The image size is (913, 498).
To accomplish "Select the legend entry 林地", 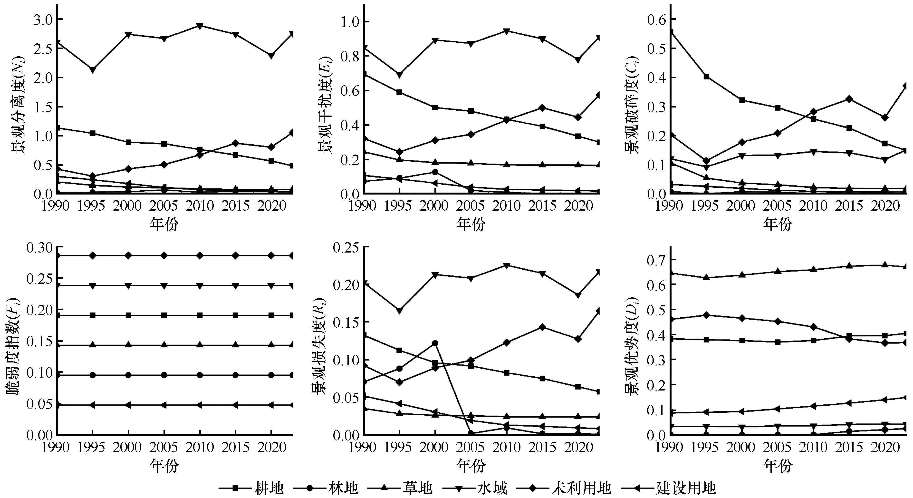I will [343, 488].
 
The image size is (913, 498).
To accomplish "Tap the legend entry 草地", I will [417, 488].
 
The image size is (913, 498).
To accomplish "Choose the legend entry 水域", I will [492, 488].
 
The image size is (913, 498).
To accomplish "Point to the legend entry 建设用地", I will [686, 488].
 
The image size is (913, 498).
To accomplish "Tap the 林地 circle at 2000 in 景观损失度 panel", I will [435, 343].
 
